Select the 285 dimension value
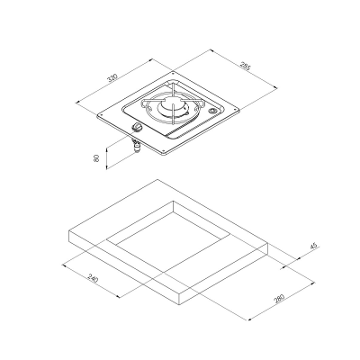click(x=246, y=69)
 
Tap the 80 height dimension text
click(x=96, y=158)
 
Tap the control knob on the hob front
click(x=136, y=132)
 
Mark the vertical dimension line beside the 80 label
click(x=106, y=158)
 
